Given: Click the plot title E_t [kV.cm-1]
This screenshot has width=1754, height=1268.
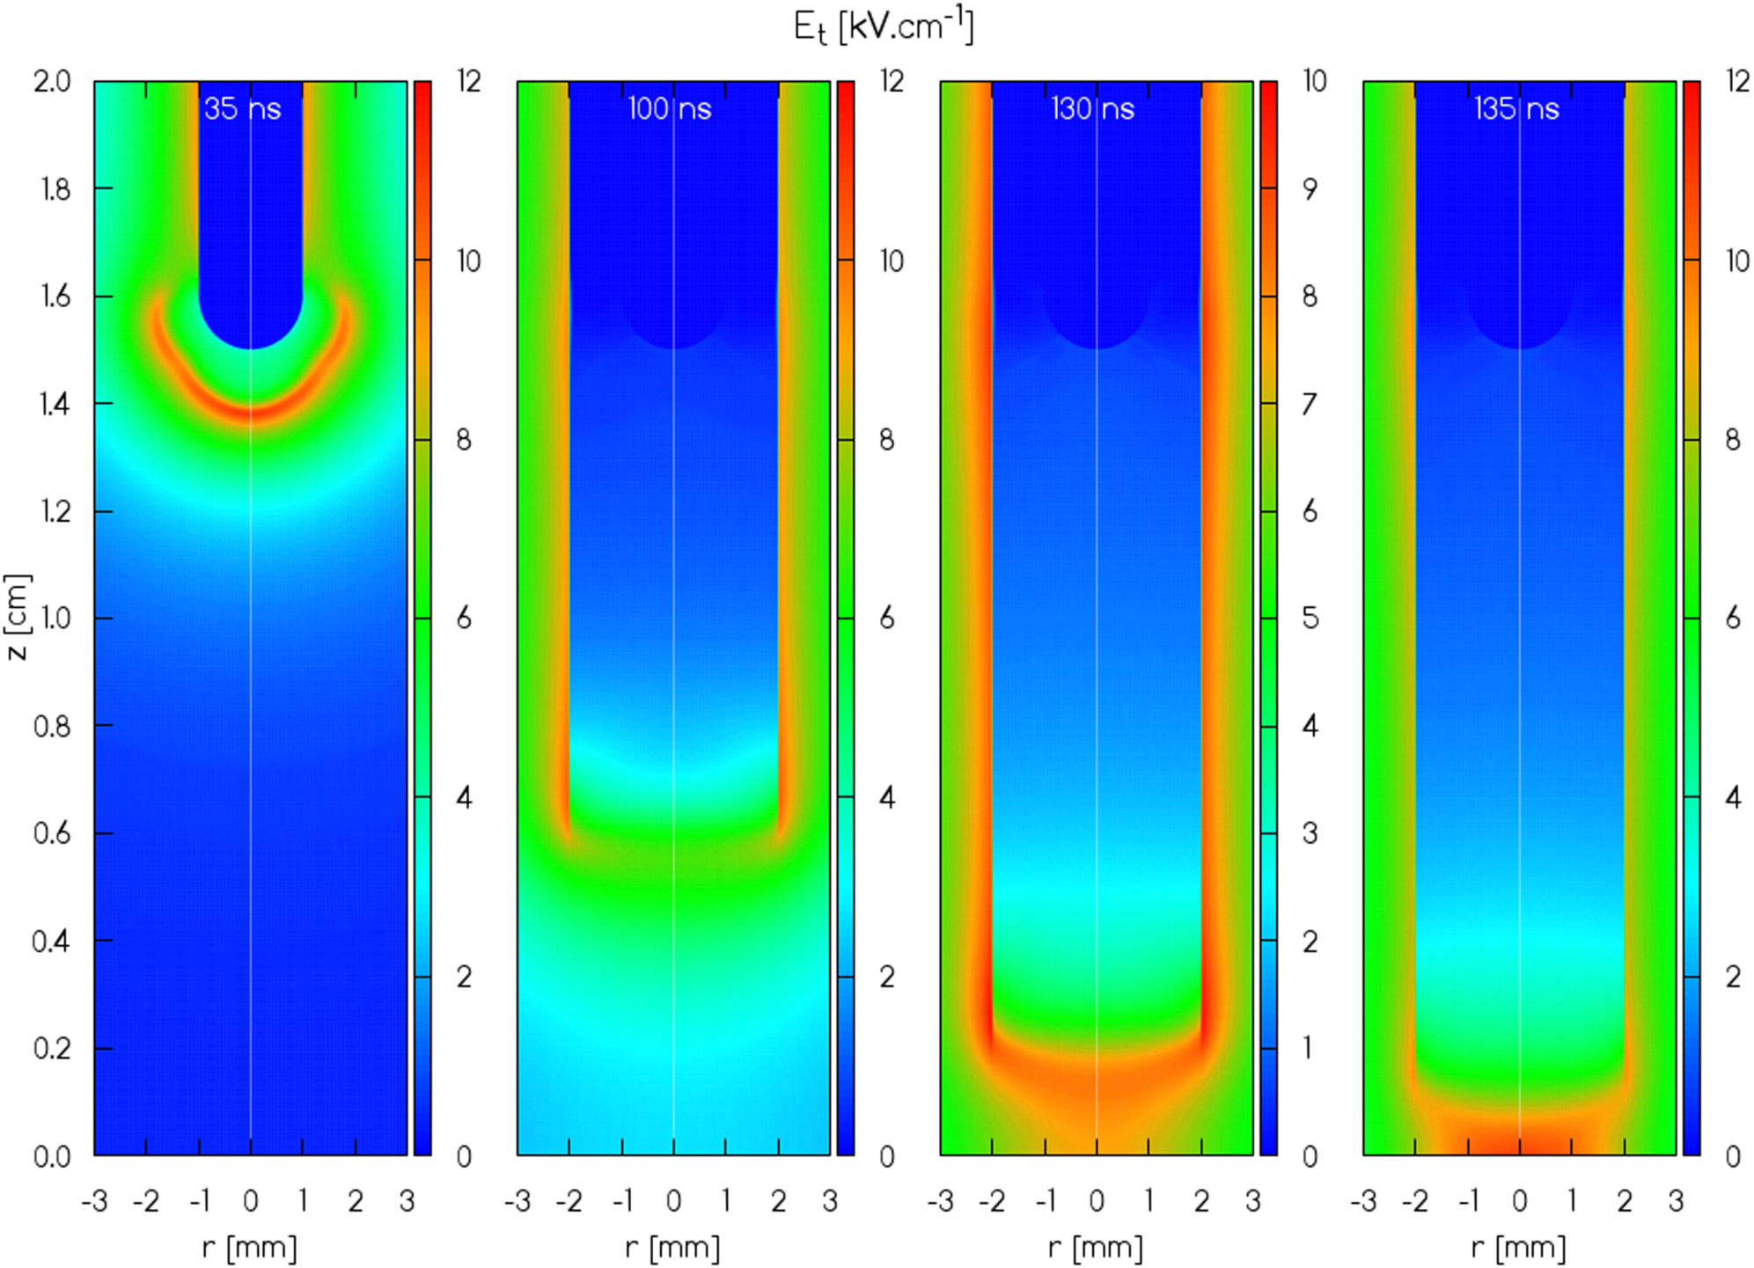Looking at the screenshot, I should pyautogui.click(x=883, y=26).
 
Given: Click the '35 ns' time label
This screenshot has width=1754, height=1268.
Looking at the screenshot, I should pyautogui.click(x=242, y=109).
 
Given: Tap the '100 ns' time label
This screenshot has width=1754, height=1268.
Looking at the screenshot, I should pyautogui.click(x=669, y=109).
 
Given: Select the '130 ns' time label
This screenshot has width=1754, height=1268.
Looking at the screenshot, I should pyautogui.click(x=1092, y=109).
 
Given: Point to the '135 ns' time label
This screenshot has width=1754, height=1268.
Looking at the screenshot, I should pyautogui.click(x=1516, y=109).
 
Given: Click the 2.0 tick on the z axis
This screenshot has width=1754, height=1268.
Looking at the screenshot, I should pyautogui.click(x=52, y=82).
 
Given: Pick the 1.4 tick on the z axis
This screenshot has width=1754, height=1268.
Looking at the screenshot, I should pyautogui.click(x=52, y=404).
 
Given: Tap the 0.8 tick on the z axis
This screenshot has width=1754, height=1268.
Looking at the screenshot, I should pyautogui.click(x=52, y=726).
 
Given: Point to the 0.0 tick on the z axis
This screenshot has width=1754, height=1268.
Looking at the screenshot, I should pyautogui.click(x=52, y=1156).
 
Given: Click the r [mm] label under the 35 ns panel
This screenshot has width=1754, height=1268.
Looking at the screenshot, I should pyautogui.click(x=250, y=1247).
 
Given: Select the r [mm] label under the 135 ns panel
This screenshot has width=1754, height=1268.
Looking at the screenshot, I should pyautogui.click(x=1519, y=1247).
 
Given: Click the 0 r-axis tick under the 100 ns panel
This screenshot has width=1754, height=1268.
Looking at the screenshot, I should pyautogui.click(x=673, y=1201).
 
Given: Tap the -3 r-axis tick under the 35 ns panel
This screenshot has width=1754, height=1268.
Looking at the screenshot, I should pyautogui.click(x=94, y=1201).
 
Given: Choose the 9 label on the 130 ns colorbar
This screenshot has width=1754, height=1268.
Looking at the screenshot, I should pyautogui.click(x=1310, y=189).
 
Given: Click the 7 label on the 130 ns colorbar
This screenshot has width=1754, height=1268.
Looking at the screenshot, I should pyautogui.click(x=1310, y=405).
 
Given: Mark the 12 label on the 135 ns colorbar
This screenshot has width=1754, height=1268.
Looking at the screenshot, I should pyautogui.click(x=1737, y=82).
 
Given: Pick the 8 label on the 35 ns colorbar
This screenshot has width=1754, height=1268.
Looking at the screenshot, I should pyautogui.click(x=464, y=440).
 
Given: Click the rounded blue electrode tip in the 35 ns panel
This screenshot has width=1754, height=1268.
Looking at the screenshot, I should pyautogui.click(x=251, y=317).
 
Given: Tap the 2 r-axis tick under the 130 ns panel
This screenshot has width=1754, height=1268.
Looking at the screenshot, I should pyautogui.click(x=1201, y=1201).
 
